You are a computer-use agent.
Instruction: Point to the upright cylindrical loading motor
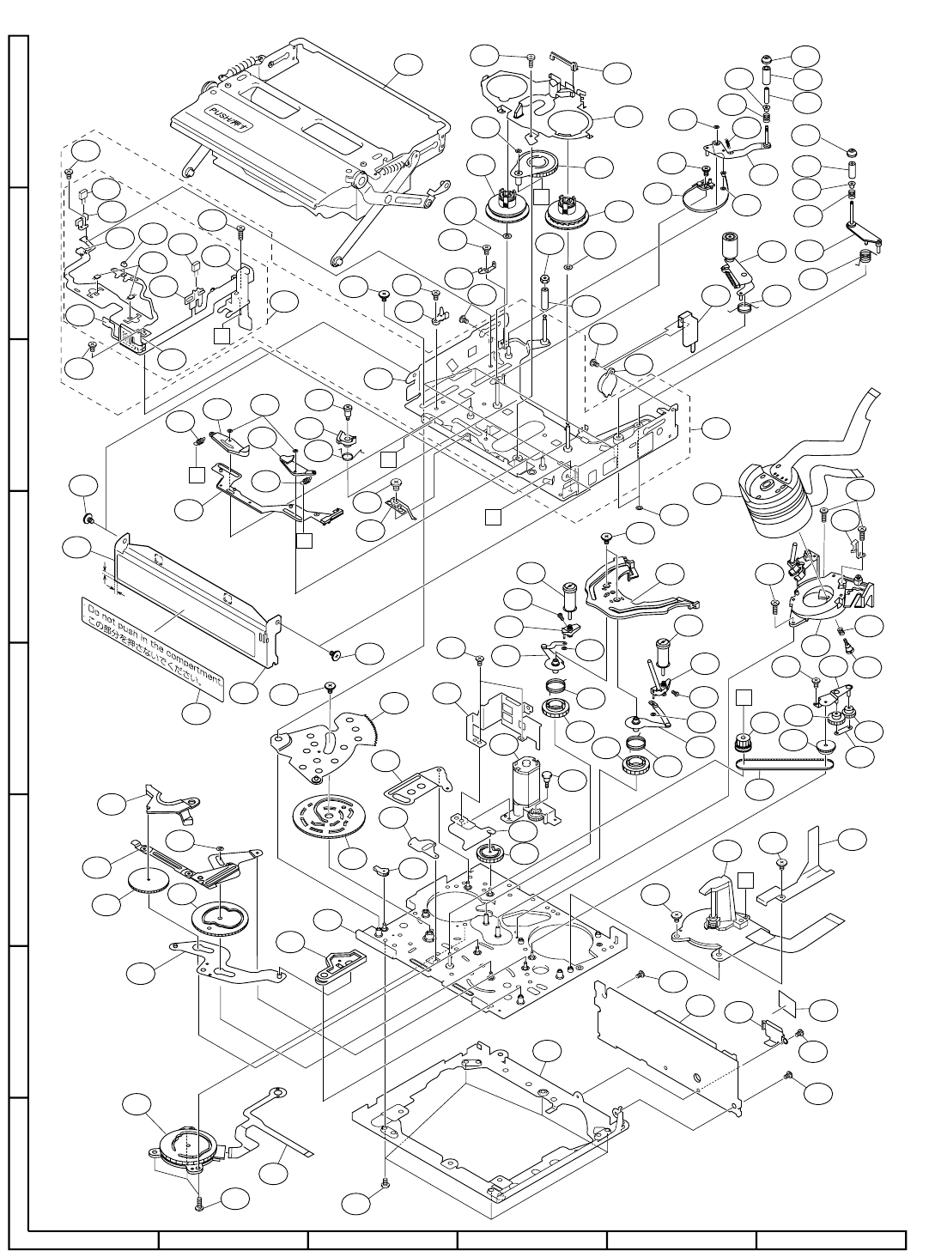(x=525, y=782)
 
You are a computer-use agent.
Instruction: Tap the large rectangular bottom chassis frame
(x=489, y=1125)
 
